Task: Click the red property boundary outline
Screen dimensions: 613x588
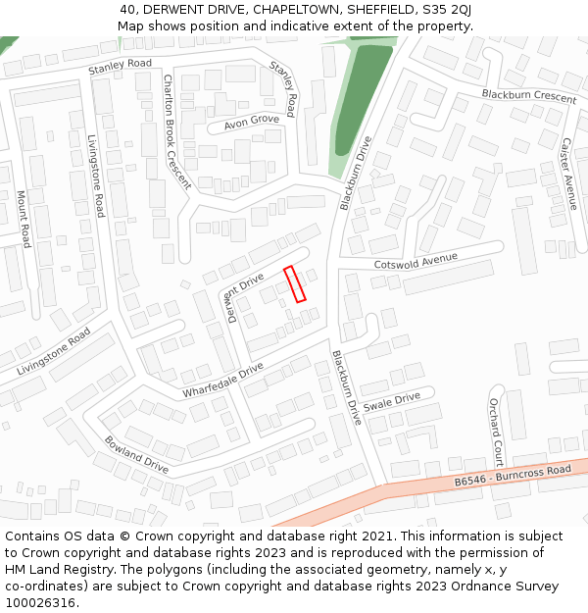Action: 295,283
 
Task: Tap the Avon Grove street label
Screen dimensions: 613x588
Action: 251,121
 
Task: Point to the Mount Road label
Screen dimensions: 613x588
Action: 24,219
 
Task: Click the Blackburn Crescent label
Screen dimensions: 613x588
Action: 528,96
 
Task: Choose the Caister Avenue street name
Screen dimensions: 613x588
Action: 568,168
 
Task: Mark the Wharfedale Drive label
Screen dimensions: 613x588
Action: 222,381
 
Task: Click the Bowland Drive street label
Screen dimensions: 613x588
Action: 136,455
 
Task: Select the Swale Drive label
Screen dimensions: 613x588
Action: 391,401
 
